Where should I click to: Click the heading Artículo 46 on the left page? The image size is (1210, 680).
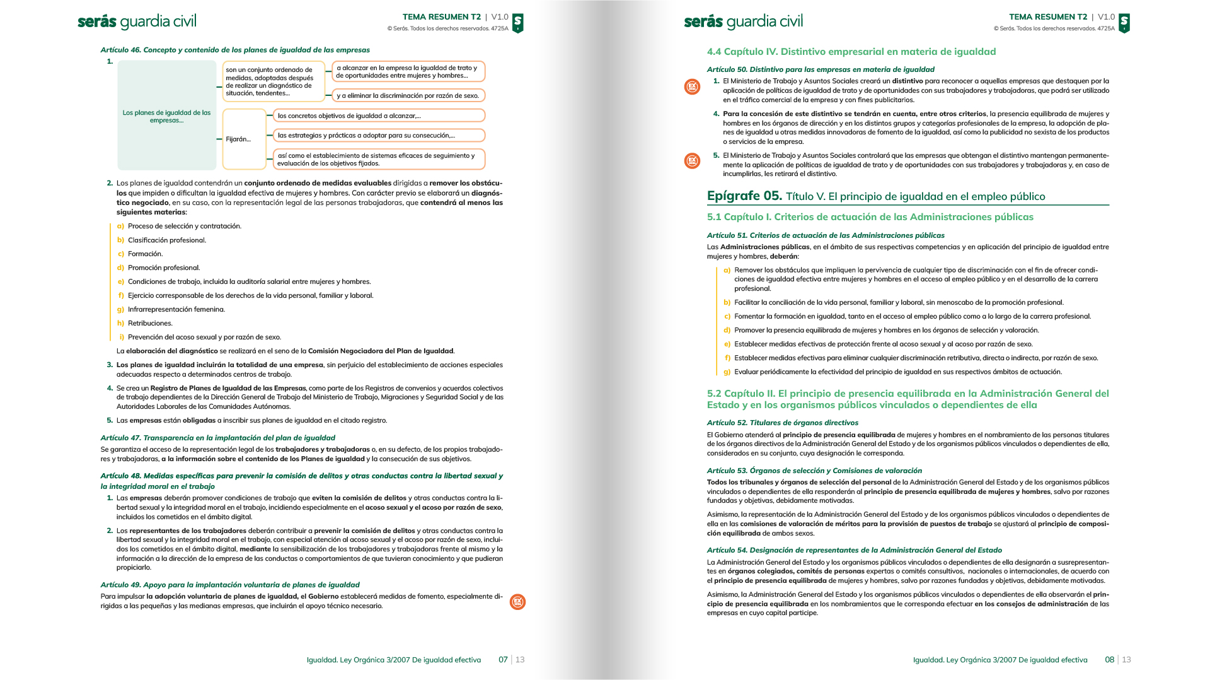pyautogui.click(x=235, y=50)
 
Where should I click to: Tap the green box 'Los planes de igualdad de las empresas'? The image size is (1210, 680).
pyautogui.click(x=166, y=116)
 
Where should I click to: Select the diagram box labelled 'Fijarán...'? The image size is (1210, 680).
pyautogui.click(x=244, y=139)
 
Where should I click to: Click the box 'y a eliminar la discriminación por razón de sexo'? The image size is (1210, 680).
pyautogui.click(x=408, y=96)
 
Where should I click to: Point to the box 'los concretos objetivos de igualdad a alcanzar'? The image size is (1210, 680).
pyautogui.click(x=378, y=116)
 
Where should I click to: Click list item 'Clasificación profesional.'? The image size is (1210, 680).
pyautogui.click(x=166, y=240)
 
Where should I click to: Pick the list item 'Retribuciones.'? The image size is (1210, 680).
pyautogui.click(x=150, y=324)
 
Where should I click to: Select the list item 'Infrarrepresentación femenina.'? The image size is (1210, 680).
pyautogui.click(x=176, y=310)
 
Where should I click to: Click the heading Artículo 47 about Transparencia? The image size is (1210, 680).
pyautogui.click(x=217, y=438)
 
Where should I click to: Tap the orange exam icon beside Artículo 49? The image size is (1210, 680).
pyautogui.click(x=517, y=602)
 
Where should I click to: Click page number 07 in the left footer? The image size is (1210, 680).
pyautogui.click(x=503, y=660)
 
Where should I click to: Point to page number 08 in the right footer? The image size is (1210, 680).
pyautogui.click(x=1109, y=660)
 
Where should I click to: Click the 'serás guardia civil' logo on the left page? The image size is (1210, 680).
pyautogui.click(x=137, y=22)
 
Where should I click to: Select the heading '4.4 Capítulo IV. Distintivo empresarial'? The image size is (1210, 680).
pyautogui.click(x=851, y=52)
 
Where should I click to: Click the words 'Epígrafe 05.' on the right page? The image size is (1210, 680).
pyautogui.click(x=744, y=196)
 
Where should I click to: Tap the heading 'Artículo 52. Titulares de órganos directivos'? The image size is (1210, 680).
pyautogui.click(x=782, y=423)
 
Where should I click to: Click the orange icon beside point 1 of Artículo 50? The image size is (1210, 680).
pyautogui.click(x=692, y=87)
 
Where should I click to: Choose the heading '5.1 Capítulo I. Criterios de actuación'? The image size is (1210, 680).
pyautogui.click(x=870, y=217)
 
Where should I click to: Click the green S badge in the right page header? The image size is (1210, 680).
pyautogui.click(x=1124, y=23)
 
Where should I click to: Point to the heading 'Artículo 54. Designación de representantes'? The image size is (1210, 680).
pyautogui.click(x=854, y=550)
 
